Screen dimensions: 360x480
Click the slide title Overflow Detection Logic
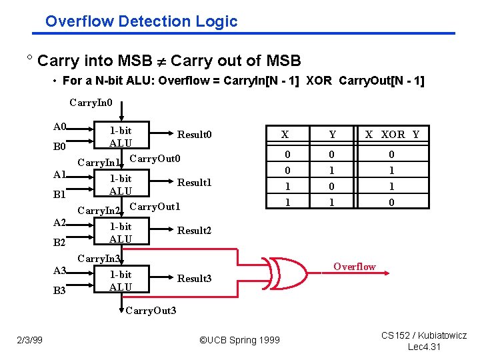pyautogui.click(x=141, y=21)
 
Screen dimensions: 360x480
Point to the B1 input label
pyautogui.click(x=60, y=195)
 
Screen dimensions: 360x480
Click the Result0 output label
pyautogui.click(x=194, y=135)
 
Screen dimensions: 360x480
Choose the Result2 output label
pyautogui.click(x=194, y=231)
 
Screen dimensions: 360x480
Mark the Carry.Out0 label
pyautogui.click(x=155, y=159)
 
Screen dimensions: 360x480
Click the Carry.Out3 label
pyautogui.click(x=151, y=311)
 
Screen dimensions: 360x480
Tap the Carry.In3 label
pyautogui.click(x=99, y=259)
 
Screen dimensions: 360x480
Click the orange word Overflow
pyautogui.click(x=355, y=267)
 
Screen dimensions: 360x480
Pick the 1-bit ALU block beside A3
pyautogui.click(x=121, y=281)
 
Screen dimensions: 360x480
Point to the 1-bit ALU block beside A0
pyautogui.click(x=121, y=137)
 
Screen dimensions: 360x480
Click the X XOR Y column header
pyautogui.click(x=392, y=135)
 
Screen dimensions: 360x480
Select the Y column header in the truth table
pyautogui.click(x=332, y=135)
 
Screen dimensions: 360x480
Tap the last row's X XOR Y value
pyautogui.click(x=392, y=203)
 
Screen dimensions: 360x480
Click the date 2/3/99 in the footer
pyautogui.click(x=30, y=340)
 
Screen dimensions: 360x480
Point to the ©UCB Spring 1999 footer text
pyautogui.click(x=239, y=341)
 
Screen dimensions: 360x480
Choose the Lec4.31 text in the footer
pyautogui.click(x=424, y=347)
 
